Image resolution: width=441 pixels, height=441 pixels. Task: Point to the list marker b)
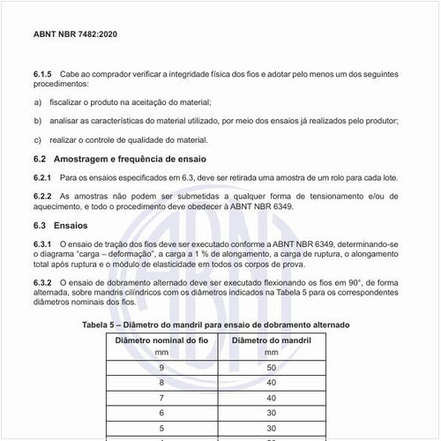pyautogui.click(x=37, y=122)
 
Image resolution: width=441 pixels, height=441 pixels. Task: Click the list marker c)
pyautogui.click(x=37, y=139)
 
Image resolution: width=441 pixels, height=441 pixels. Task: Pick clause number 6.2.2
pyautogui.click(x=44, y=196)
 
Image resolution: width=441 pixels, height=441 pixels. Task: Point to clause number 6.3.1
pyautogui.click(x=44, y=243)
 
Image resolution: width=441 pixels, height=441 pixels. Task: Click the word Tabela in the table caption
pyautogui.click(x=101, y=325)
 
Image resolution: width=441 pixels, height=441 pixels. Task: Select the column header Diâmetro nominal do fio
pyautogui.click(x=161, y=340)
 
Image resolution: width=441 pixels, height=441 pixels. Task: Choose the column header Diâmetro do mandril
pyautogui.click(x=273, y=340)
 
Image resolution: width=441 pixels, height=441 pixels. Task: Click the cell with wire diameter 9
pyautogui.click(x=161, y=367)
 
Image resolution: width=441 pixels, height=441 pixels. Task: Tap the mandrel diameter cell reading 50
pyautogui.click(x=273, y=367)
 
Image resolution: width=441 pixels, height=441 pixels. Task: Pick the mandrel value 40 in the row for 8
pyautogui.click(x=273, y=383)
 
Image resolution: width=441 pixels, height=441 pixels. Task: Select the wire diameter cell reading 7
pyautogui.click(x=161, y=399)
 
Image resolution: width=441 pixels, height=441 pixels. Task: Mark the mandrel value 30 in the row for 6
pyautogui.click(x=273, y=415)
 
